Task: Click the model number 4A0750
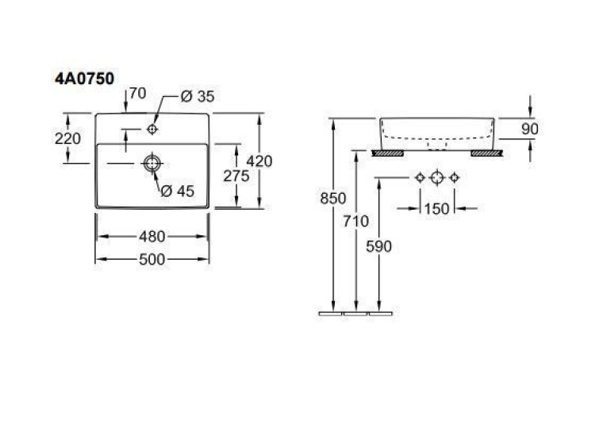[84, 79]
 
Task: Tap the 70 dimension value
[137, 94]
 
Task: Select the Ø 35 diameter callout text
[198, 96]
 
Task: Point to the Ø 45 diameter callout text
[178, 191]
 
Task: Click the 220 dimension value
[67, 138]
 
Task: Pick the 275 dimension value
[236, 176]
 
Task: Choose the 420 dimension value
[259, 161]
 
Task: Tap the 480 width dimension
[152, 237]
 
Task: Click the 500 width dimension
[152, 259]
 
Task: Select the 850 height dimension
[333, 199]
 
